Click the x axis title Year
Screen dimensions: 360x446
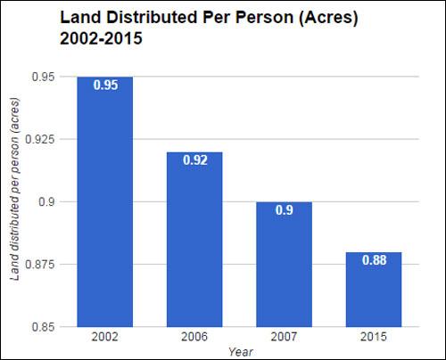tap(237, 350)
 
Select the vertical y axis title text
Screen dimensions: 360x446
tap(15, 201)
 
